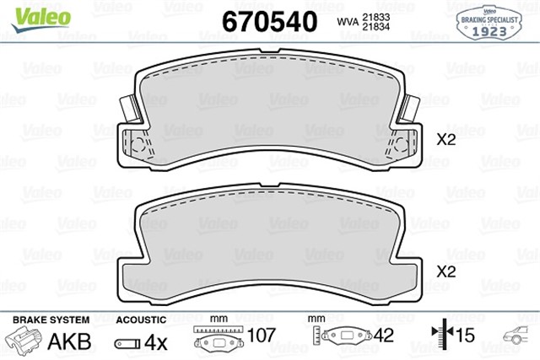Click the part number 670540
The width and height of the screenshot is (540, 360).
pyautogui.click(x=268, y=19)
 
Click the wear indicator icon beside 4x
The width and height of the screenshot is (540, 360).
pyautogui.click(x=127, y=342)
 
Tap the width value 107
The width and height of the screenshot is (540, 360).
pyautogui.click(x=261, y=336)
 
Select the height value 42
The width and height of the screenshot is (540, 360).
pyautogui.click(x=384, y=336)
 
